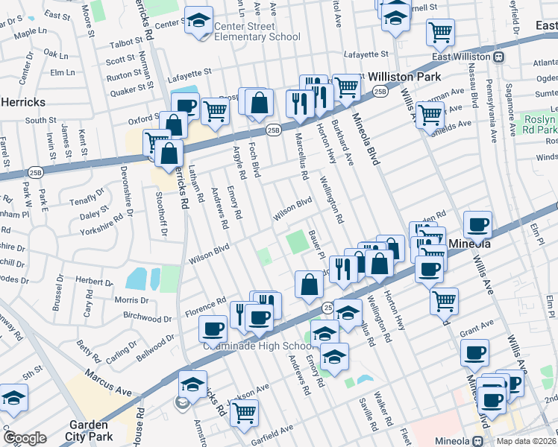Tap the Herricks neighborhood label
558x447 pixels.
[24, 101]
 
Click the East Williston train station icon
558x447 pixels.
[498, 57]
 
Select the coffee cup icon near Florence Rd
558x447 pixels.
[213, 328]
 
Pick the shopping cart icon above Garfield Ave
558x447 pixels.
[244, 412]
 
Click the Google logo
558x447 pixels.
[25, 438]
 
